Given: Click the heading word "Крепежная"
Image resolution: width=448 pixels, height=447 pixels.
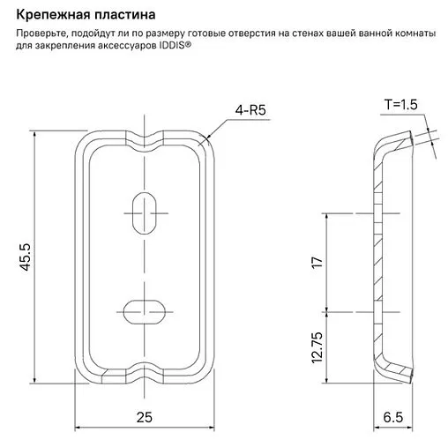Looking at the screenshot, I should point(50,15).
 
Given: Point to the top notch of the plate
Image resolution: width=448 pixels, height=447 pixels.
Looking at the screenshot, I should point(143,138).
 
